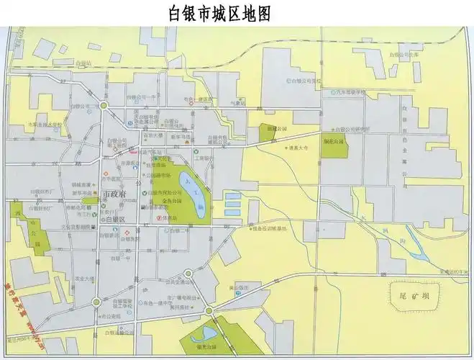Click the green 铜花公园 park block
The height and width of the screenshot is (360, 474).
pos(333,147)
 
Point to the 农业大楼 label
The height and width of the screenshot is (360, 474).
pos(85,278)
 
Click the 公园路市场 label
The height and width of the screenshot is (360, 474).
pos(158,175)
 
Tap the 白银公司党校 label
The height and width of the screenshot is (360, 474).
pos(305,81)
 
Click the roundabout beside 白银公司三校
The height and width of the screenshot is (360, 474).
pos(104,106)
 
